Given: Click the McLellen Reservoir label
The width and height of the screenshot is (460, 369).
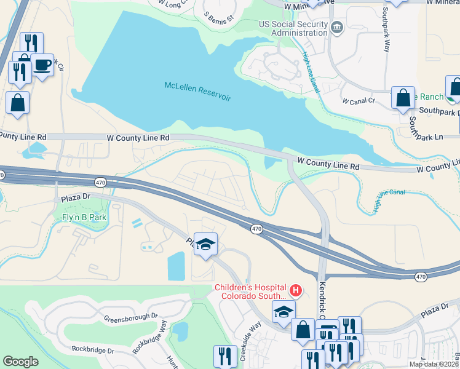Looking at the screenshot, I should (x=197, y=90).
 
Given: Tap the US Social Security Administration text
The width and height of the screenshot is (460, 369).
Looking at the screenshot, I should (x=293, y=28).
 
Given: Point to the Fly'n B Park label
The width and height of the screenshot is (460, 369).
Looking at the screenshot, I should (x=84, y=217).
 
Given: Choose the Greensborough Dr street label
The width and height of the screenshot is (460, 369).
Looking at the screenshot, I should (x=131, y=319).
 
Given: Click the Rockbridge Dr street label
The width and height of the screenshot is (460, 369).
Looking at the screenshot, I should (x=93, y=349).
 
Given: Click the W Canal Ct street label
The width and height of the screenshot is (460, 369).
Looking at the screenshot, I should (x=358, y=100).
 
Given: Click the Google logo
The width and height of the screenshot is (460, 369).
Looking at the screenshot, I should (x=20, y=362).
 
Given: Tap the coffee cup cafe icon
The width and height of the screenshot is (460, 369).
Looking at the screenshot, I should (x=42, y=65).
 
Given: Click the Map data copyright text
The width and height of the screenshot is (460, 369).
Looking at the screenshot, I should (x=434, y=364).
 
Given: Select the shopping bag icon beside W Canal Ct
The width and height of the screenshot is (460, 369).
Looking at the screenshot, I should (x=403, y=98).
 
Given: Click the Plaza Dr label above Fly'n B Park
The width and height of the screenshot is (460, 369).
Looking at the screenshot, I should (x=76, y=198).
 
